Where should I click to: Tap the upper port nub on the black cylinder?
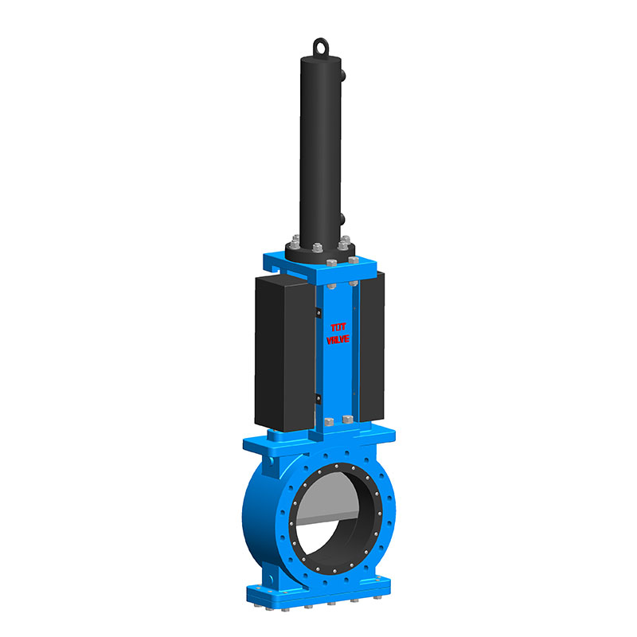343,76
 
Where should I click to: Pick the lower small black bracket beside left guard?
317,397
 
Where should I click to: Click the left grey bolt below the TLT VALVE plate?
328,420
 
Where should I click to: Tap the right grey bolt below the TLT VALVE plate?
347,419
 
